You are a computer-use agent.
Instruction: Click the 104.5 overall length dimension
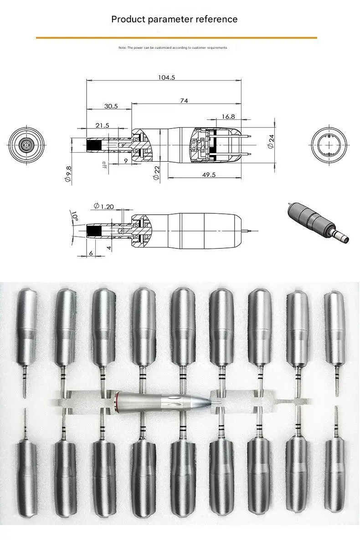166,77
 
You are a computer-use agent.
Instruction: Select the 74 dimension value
184,101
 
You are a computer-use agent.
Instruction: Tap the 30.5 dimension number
110,106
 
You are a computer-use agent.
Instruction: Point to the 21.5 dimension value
102,125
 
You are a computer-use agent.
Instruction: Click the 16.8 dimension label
228,117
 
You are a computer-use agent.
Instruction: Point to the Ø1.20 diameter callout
103,206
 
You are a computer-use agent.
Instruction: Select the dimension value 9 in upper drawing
126,161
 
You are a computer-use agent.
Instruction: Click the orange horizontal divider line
176,37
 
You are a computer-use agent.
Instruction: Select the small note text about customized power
173,47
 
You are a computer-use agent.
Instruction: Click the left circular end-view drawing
28,144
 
